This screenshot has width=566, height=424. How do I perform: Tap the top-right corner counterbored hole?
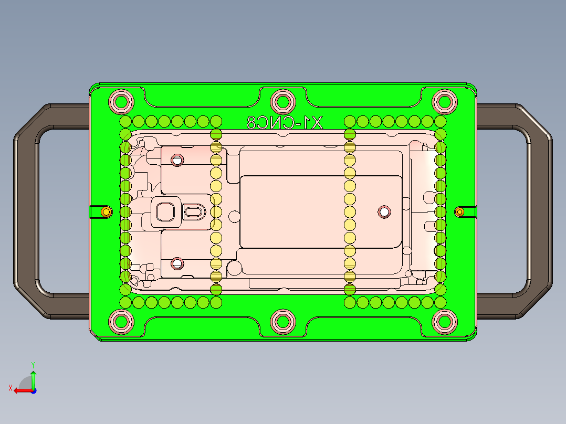pyautogui.click(x=445, y=101)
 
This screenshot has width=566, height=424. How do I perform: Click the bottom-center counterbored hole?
pyautogui.click(x=283, y=322)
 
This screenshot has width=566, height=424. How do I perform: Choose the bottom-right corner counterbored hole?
pyautogui.click(x=445, y=322)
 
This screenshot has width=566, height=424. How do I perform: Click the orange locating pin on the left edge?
pyautogui.click(x=107, y=212)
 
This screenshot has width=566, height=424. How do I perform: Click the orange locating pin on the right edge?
pyautogui.click(x=460, y=212)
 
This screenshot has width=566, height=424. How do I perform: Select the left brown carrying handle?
pyautogui.click(x=26, y=210)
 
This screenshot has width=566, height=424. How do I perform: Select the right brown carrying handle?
pyautogui.click(x=540, y=210)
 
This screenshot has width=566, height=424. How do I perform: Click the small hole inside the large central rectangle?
pyautogui.click(x=384, y=212)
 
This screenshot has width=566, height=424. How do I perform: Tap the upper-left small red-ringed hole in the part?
pyautogui.click(x=177, y=160)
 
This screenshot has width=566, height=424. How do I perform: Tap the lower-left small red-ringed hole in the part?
pyautogui.click(x=177, y=263)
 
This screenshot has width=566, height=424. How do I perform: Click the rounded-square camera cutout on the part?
pyautogui.click(x=166, y=212)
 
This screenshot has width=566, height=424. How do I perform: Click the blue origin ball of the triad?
pyautogui.click(x=34, y=390)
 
